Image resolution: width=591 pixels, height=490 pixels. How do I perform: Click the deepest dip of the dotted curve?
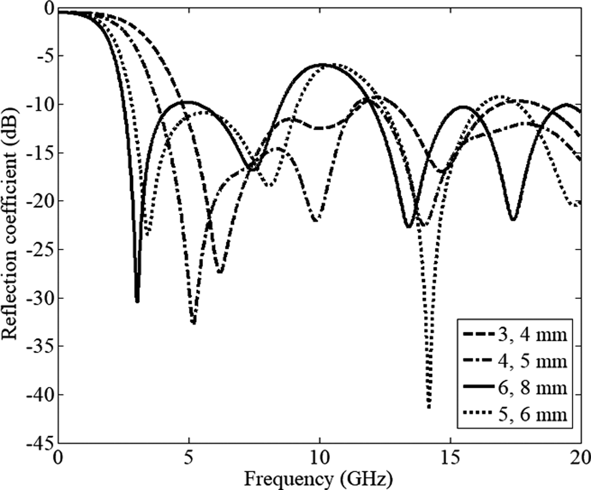(429, 407)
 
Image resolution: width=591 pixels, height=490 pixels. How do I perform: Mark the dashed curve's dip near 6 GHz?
(220, 272)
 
